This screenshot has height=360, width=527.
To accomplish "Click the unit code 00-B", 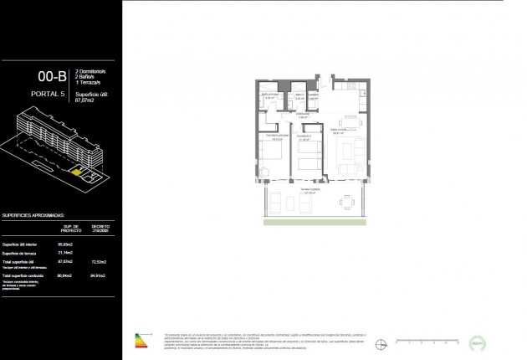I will pyautogui.click(x=51, y=78).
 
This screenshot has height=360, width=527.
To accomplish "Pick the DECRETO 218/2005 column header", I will pyautogui.click(x=101, y=229).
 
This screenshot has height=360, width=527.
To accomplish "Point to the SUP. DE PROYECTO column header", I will pyautogui.click(x=71, y=229).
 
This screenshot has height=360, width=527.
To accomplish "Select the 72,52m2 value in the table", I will pyautogui.click(x=101, y=261).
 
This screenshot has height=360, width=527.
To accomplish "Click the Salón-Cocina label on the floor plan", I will pyautogui.click(x=337, y=130).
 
